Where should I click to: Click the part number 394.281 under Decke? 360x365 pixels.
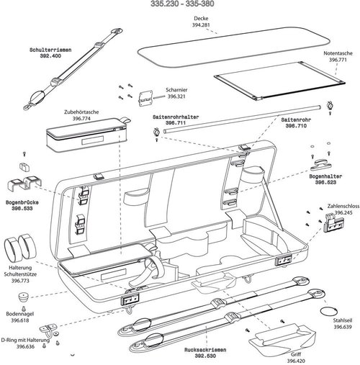click(x=201, y=25)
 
